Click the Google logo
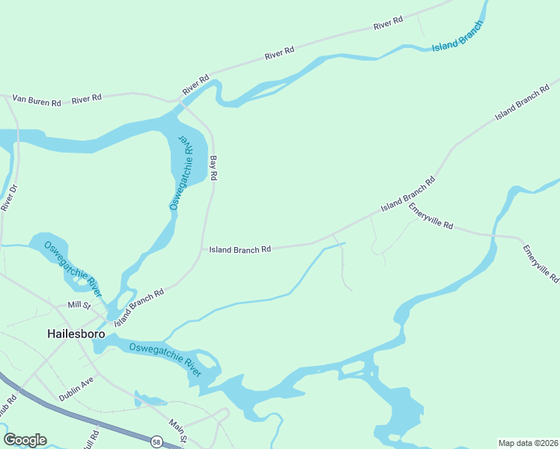click(x=25, y=440)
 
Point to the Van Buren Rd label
click(x=35, y=101)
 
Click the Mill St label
click(x=78, y=305)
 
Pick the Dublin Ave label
click(x=76, y=388)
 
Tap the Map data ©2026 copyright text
click(x=527, y=442)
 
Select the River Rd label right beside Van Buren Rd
click(x=86, y=98)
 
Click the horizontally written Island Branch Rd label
click(x=240, y=249)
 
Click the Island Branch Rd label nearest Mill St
click(x=139, y=308)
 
